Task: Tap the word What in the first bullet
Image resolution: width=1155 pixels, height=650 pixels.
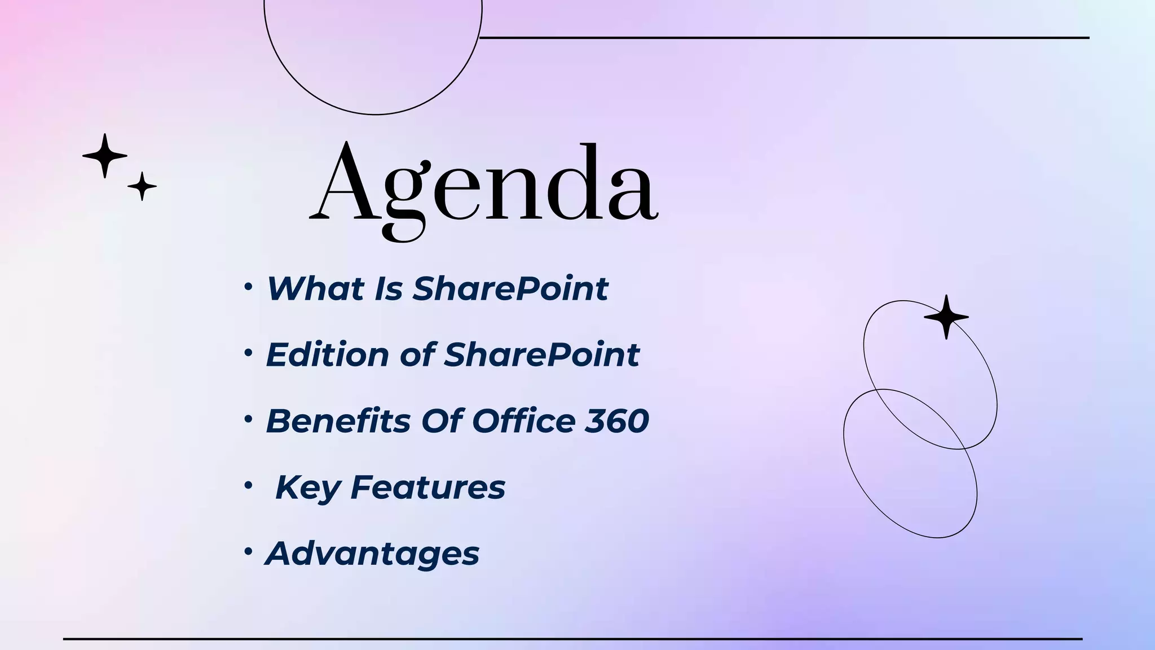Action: pos(315,289)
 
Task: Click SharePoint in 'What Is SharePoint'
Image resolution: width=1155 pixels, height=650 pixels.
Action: pos(510,289)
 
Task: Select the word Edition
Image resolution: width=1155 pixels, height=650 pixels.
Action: pos(327,355)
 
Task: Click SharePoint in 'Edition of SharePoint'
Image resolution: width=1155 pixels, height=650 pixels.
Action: pos(541,355)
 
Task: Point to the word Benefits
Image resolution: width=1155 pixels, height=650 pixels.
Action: pos(338,421)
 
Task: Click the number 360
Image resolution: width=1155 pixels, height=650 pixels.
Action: pos(616,421)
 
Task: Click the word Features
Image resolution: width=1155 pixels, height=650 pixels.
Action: pos(428,487)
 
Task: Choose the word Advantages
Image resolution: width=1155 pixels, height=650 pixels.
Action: pos(372,554)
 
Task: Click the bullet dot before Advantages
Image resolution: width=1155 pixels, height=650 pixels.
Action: pos(248,551)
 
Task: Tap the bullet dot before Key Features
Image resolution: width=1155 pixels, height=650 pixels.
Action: pos(248,485)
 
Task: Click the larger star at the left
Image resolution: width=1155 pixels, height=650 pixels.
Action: pos(105,155)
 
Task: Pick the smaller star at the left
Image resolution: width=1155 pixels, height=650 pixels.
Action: pos(142,186)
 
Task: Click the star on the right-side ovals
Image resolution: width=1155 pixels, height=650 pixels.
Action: pos(946,317)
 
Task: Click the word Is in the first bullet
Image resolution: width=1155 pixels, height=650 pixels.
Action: pos(389,289)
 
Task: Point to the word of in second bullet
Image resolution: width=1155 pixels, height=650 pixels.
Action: pos(417,355)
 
